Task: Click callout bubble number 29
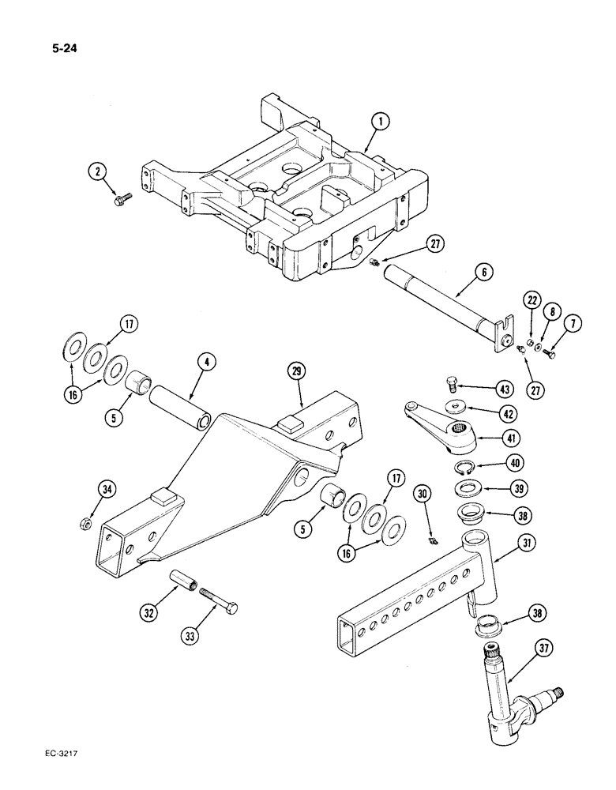click(x=296, y=371)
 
